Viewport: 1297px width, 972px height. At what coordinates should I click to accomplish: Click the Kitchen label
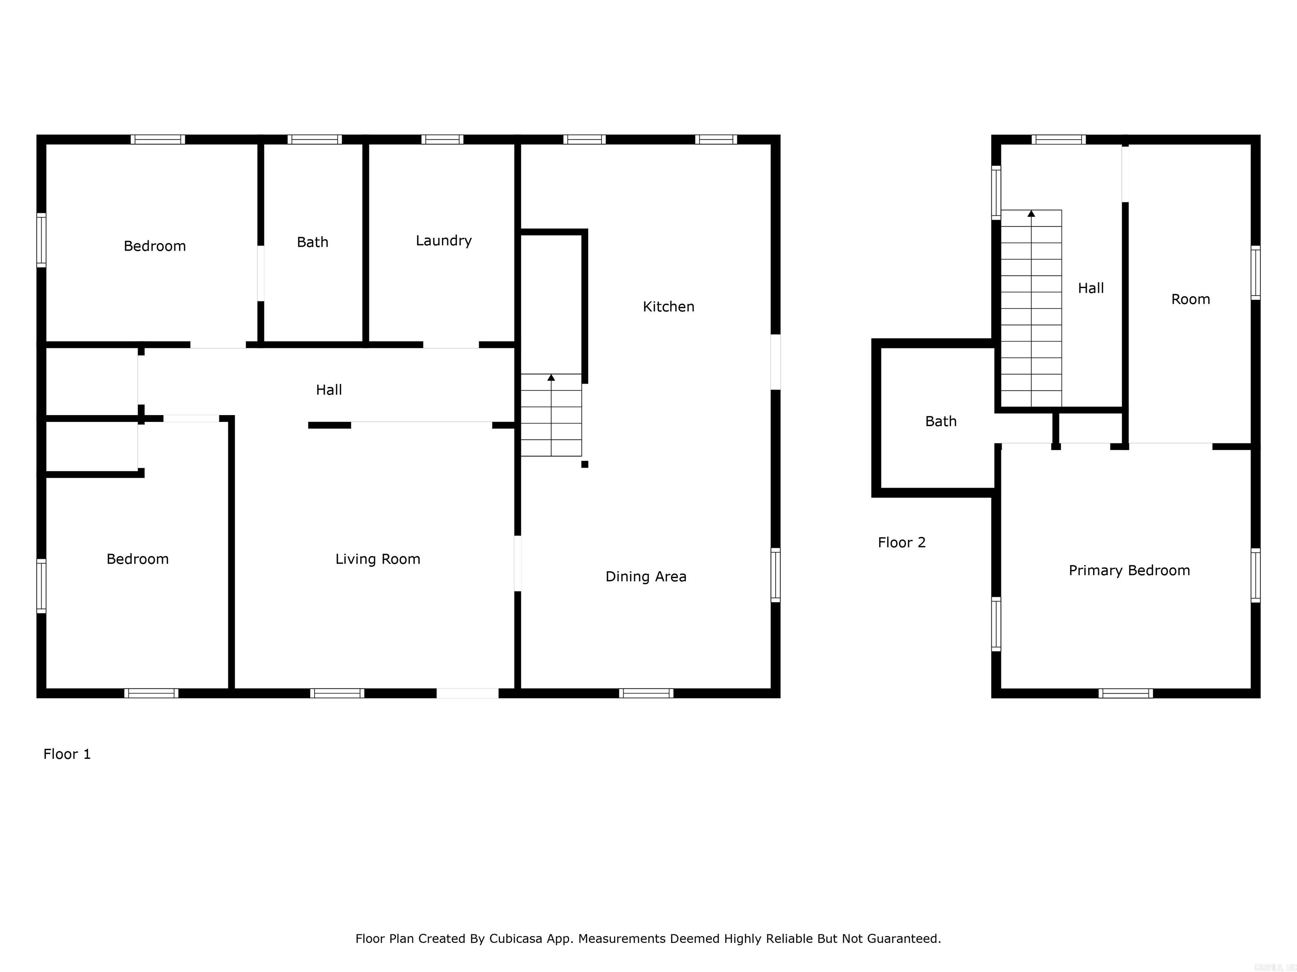point(668,306)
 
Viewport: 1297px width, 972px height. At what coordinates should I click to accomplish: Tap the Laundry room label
point(443,241)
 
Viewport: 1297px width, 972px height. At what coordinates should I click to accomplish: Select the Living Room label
point(377,559)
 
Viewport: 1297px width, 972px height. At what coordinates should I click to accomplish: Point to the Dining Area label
point(646,577)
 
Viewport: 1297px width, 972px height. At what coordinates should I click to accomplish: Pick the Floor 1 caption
point(67,754)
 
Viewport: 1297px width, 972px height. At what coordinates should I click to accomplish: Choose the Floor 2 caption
point(901,543)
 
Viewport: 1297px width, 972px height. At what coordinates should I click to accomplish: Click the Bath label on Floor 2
point(941,421)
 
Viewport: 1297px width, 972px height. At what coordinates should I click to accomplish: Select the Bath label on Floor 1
point(312,242)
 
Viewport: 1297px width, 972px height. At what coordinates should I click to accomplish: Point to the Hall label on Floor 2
point(1091,288)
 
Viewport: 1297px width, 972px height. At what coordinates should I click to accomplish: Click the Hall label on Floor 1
point(328,390)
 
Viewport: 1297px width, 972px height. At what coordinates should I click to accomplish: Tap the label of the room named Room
point(1190,300)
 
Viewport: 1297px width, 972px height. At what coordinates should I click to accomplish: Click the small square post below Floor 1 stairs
point(585,464)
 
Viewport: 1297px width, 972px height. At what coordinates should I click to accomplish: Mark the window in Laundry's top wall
point(442,140)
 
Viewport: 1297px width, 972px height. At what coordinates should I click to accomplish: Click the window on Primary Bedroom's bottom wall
point(1125,693)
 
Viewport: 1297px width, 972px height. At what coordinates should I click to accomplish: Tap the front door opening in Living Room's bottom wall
point(467,693)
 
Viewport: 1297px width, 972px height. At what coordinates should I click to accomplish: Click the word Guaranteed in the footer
point(904,939)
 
